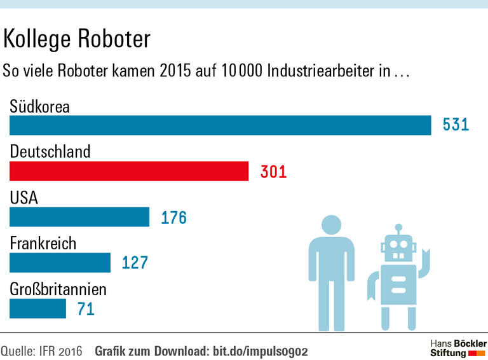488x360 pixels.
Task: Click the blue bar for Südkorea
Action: tap(220, 125)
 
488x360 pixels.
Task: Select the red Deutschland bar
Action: tap(128, 171)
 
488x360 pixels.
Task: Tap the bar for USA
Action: tap(79, 217)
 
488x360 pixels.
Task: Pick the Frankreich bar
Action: tap(60, 263)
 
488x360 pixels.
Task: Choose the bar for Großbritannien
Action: tap(37, 308)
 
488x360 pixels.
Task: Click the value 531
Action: tap(456, 125)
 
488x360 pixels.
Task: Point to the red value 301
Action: tap(274, 171)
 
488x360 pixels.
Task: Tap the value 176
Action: tap(173, 218)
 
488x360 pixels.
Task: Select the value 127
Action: tap(135, 263)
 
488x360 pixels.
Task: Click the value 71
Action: tap(85, 309)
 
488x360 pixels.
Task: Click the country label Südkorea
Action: tap(39, 106)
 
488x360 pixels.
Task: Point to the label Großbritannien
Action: tap(58, 290)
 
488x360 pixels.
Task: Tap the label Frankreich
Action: tap(43, 244)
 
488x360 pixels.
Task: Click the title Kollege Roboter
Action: tap(77, 39)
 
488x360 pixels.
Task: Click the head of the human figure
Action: tap(331, 226)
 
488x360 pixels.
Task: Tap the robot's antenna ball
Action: tap(398, 226)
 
